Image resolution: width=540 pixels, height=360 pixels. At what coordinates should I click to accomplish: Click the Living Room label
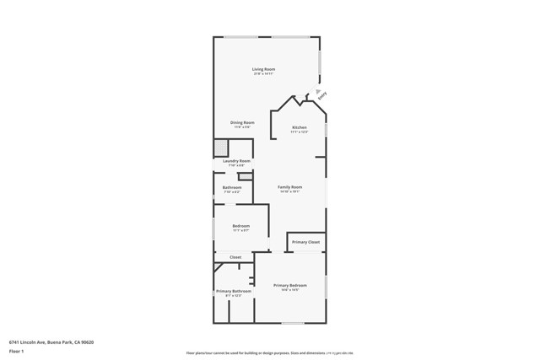click(264, 69)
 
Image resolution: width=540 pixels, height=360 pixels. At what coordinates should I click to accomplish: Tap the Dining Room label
click(242, 122)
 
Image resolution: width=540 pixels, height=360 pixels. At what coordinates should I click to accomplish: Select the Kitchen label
click(300, 127)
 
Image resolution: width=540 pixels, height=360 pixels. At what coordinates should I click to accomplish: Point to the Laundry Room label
click(236, 161)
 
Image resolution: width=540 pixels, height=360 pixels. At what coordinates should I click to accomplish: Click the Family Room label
click(290, 187)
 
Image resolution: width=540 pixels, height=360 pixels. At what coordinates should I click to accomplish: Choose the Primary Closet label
click(305, 242)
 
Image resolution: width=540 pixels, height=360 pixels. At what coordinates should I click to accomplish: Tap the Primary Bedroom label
click(290, 286)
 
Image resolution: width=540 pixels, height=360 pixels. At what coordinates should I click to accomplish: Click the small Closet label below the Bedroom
click(235, 257)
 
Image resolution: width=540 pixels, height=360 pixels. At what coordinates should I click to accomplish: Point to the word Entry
click(322, 96)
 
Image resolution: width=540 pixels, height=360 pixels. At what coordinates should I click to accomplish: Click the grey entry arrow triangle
click(317, 91)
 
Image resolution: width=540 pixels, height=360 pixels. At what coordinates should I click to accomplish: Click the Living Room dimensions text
click(264, 74)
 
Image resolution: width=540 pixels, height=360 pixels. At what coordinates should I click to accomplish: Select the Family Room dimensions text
click(290, 192)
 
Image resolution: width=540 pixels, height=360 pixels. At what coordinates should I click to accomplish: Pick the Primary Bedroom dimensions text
click(290, 291)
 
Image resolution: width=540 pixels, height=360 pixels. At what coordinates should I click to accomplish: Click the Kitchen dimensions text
click(300, 132)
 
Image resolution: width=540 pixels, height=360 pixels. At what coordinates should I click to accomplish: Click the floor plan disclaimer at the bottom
click(270, 353)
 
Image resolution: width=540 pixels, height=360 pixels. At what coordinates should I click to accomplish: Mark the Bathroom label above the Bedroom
click(232, 187)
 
